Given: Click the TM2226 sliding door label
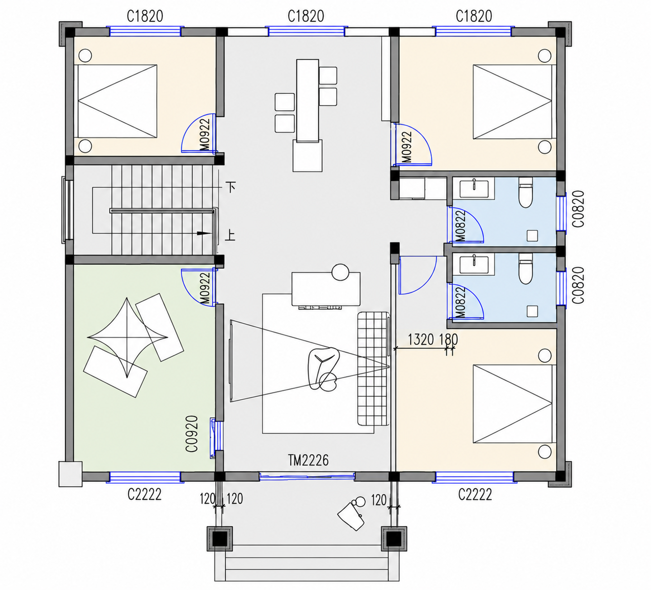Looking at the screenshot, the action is [308, 460].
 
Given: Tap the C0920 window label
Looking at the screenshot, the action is [192, 433].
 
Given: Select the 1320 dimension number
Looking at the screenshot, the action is [420, 339].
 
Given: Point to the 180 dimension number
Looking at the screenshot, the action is [448, 339].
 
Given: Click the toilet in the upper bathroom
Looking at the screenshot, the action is [526, 193].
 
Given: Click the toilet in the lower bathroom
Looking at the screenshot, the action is [526, 269].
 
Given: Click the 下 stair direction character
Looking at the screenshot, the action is [231, 187].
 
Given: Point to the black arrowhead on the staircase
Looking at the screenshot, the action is [204, 233].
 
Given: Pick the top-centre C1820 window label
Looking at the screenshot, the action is [305, 16].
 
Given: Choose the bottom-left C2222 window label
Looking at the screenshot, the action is [144, 495].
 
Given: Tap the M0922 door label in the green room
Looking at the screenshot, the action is [205, 288].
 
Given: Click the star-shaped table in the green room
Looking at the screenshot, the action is [128, 338].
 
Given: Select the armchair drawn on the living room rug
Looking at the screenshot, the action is [323, 369].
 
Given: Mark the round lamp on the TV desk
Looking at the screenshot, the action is [340, 272].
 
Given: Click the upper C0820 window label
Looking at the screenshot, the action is [578, 209].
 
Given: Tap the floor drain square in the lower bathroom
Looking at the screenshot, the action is [532, 311].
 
